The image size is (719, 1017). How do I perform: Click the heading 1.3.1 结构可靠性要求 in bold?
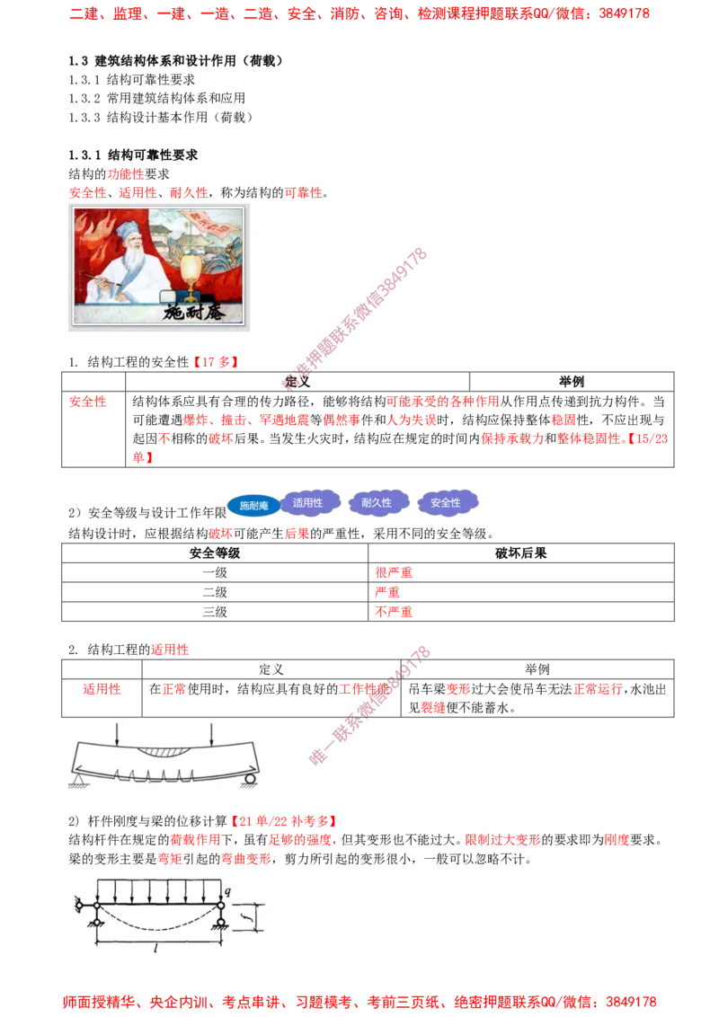pyautogui.click(x=133, y=155)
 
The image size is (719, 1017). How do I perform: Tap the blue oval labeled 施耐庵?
pyautogui.click(x=253, y=506)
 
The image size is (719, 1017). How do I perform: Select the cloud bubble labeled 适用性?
pyautogui.click(x=308, y=503)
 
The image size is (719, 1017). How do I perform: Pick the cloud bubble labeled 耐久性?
pyautogui.click(x=377, y=503)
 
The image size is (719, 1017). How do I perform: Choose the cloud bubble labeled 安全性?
pyautogui.click(x=446, y=503)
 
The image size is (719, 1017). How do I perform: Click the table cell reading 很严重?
pyautogui.click(x=394, y=572)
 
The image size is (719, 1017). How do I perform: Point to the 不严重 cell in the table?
pyautogui.click(x=394, y=612)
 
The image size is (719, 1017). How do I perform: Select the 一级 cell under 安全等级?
pyautogui.click(x=215, y=572)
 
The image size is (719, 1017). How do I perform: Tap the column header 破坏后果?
pyautogui.click(x=520, y=553)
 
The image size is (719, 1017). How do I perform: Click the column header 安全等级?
pyautogui.click(x=215, y=553)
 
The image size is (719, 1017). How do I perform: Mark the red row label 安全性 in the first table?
pyautogui.click(x=87, y=402)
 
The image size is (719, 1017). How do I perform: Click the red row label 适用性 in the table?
pyautogui.click(x=102, y=689)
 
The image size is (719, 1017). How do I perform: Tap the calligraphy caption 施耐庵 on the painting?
pyautogui.click(x=192, y=312)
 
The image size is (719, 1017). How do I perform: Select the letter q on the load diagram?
pyautogui.click(x=227, y=891)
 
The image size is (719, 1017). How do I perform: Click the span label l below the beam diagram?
pyautogui.click(x=156, y=948)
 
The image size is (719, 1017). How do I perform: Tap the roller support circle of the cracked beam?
pyautogui.click(x=251, y=778)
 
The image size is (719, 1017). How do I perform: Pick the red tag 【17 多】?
pyautogui.click(x=216, y=362)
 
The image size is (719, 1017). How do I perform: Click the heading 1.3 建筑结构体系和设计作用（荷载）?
pyautogui.click(x=176, y=61)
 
